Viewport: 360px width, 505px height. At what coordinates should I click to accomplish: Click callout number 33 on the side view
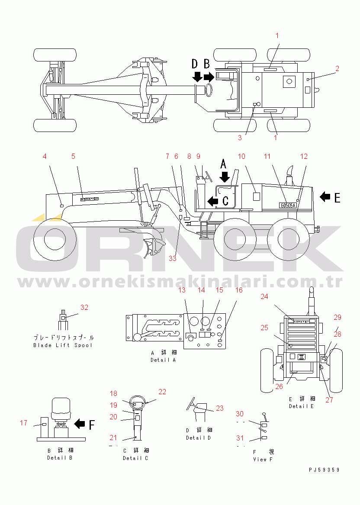[x=173, y=258]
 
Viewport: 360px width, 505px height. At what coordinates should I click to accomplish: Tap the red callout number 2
[x=337, y=68]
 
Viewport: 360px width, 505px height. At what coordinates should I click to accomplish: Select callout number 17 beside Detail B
[x=23, y=423]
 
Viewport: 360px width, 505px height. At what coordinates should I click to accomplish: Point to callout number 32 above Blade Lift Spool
[x=84, y=307]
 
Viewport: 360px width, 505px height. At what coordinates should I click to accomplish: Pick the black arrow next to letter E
[x=325, y=197]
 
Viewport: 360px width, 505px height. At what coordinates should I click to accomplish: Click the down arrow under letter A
[x=224, y=177]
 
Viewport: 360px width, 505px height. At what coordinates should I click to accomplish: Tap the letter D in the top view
[x=195, y=64]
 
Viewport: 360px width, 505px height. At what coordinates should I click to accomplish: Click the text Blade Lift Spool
[x=63, y=345]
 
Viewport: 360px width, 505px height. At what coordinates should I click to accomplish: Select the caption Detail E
[x=302, y=406]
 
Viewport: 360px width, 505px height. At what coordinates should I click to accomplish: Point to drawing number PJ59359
[x=324, y=470]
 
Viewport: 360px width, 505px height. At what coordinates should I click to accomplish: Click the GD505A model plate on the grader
[x=288, y=205]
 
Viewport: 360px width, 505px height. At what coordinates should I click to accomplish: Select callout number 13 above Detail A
[x=182, y=290]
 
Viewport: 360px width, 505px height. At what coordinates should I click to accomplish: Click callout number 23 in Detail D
[x=220, y=408]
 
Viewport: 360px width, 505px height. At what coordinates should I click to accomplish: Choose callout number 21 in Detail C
[x=113, y=437]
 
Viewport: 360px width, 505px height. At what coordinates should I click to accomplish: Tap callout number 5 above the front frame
[x=73, y=156]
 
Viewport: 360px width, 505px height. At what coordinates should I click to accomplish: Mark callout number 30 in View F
[x=239, y=414]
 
